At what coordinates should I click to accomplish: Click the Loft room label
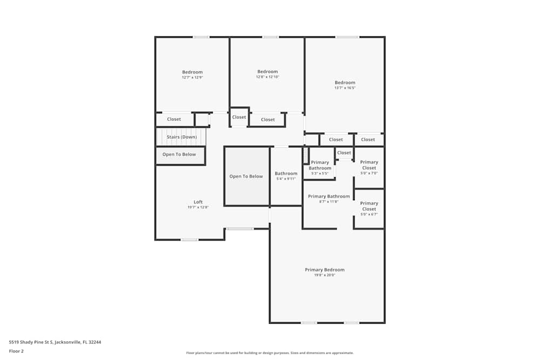click(198, 202)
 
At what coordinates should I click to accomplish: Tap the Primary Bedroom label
click(325, 270)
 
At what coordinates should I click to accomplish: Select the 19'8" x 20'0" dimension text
click(325, 275)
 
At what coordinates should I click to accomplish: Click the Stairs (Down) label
click(181, 137)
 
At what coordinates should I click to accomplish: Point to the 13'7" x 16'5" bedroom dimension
click(345, 88)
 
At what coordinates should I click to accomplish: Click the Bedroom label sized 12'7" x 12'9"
click(192, 72)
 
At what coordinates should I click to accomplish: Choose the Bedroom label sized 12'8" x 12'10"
click(267, 72)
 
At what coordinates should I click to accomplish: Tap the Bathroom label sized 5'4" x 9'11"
click(286, 173)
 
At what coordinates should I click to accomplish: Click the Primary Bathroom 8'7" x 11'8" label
click(329, 196)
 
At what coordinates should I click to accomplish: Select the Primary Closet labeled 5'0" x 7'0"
click(369, 165)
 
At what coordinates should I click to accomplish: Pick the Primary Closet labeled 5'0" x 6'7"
click(369, 206)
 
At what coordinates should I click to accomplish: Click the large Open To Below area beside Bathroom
click(246, 176)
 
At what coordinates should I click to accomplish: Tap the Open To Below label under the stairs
click(179, 154)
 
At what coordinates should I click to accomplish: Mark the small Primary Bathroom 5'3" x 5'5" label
click(320, 165)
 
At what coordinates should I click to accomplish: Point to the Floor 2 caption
click(16, 351)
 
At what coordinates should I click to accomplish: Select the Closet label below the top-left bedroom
click(174, 119)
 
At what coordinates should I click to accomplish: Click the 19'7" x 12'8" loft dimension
click(198, 207)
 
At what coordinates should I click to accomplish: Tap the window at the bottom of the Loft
click(190, 240)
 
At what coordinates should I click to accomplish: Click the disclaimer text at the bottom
click(270, 353)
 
